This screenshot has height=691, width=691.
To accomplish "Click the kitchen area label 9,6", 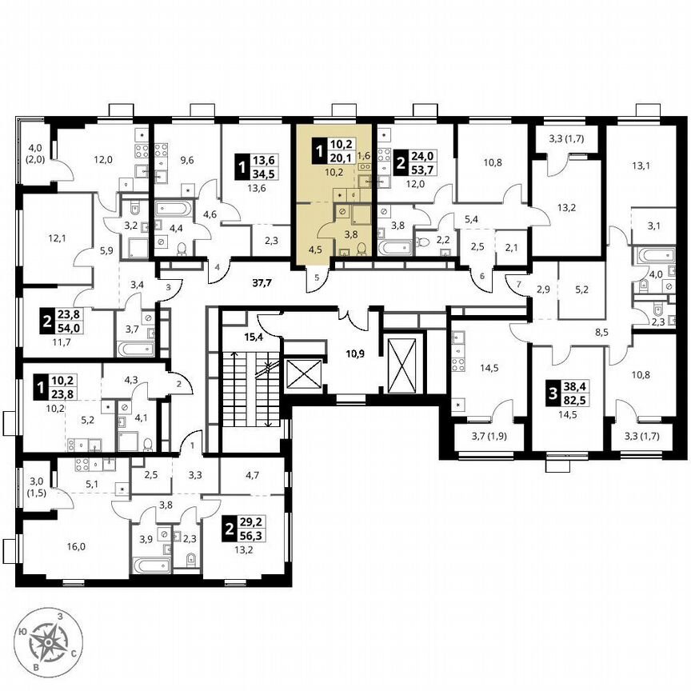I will click(x=188, y=160).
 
